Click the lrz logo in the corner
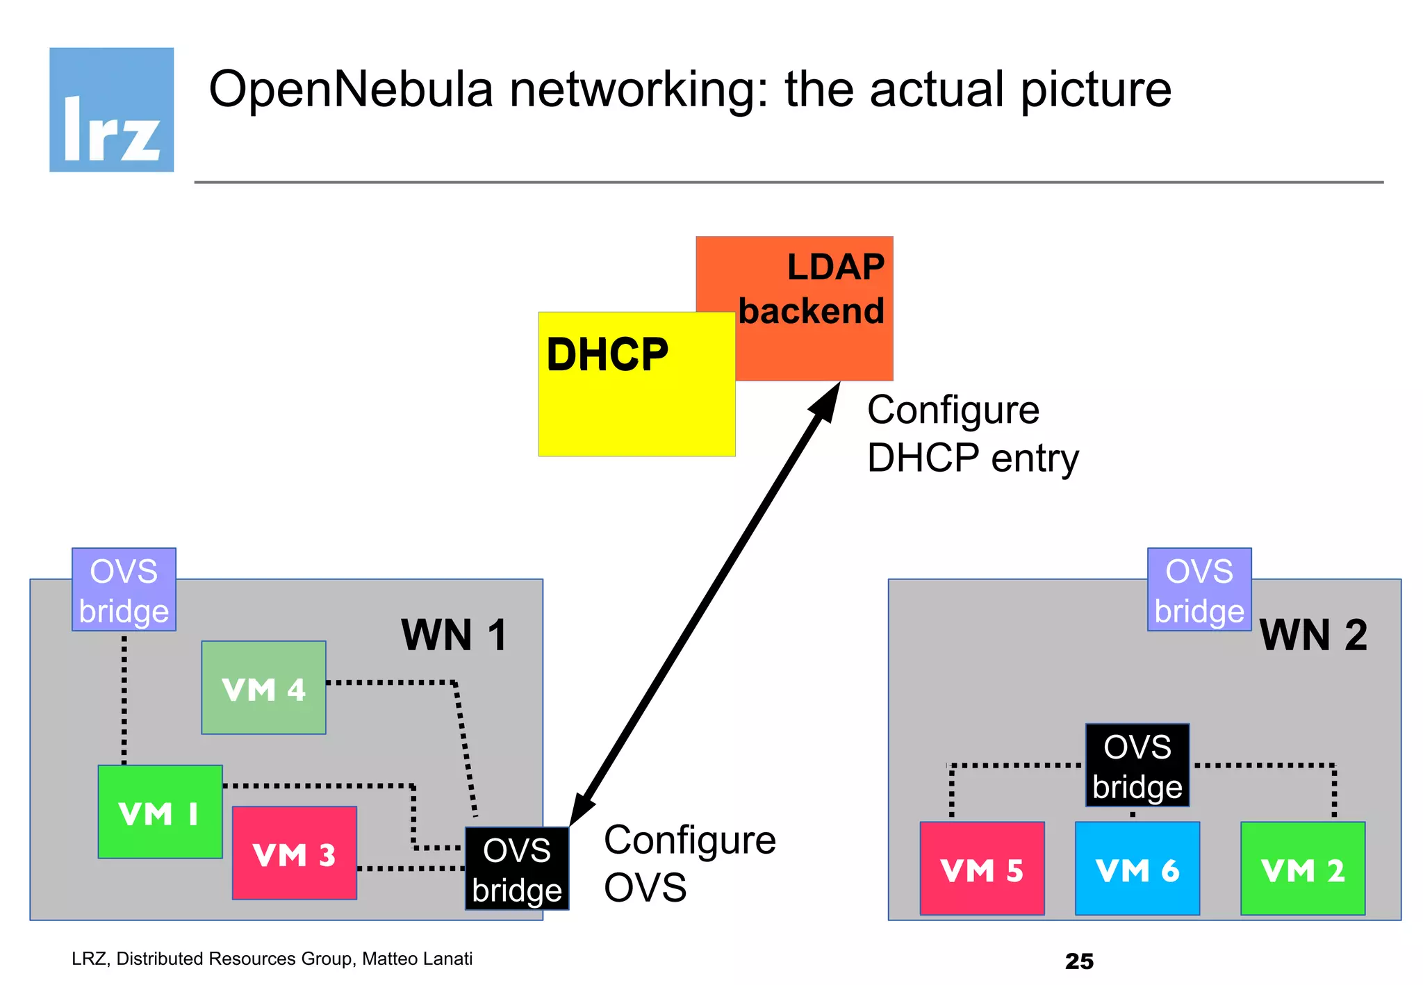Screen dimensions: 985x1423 [111, 110]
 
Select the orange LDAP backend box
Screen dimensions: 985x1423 [813, 292]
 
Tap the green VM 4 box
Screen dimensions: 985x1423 [263, 688]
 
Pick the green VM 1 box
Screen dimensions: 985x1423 [160, 812]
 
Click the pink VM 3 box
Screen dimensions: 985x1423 [294, 854]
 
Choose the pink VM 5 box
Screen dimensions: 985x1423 [982, 869]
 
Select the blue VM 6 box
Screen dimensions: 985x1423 [1137, 869]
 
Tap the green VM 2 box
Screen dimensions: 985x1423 [1303, 869]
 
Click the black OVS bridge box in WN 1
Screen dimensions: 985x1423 [517, 869]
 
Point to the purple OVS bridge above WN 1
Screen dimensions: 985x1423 [124, 590]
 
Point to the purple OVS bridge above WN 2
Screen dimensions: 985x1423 [1199, 590]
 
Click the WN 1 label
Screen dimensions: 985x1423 [454, 635]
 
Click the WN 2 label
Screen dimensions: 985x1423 [1313, 635]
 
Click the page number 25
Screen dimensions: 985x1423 [1079, 961]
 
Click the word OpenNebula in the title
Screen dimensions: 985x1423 [351, 90]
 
